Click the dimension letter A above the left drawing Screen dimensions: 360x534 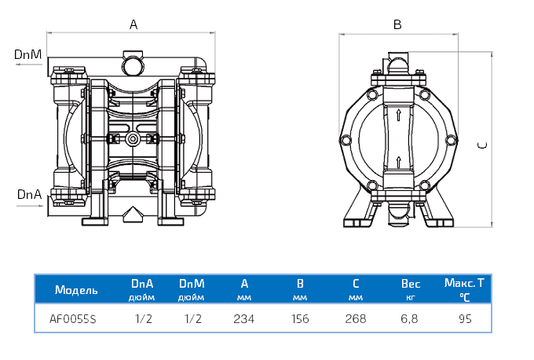tap(133, 24)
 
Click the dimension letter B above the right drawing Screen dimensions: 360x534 tap(397, 24)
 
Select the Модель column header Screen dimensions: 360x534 tap(77, 289)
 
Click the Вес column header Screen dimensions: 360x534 tap(411, 282)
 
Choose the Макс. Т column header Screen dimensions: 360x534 tap(464, 282)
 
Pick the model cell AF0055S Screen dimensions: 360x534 tap(73, 319)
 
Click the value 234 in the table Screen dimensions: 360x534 tap(245, 319)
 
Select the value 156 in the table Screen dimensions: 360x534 tap(299, 319)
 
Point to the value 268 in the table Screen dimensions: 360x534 tap(355, 319)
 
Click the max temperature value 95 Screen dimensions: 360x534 tap(464, 319)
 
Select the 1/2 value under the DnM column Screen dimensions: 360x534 tap(192, 319)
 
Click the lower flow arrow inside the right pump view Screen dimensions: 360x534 tap(399, 162)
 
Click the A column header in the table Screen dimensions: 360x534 tap(245, 282)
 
